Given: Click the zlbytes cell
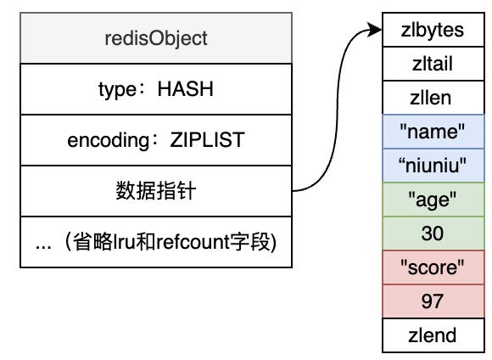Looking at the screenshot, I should [x=433, y=30].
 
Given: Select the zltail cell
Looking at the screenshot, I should [x=433, y=64].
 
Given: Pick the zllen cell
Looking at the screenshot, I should [x=433, y=98].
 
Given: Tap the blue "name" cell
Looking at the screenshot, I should [x=433, y=132].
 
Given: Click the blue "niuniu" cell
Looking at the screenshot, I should [x=433, y=166].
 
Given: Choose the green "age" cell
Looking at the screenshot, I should [x=433, y=200].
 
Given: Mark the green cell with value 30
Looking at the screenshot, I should [x=433, y=233].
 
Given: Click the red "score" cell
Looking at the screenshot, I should [x=433, y=267].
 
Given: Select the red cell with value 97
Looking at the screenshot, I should [x=433, y=301].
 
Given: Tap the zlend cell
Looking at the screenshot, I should [x=433, y=335].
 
